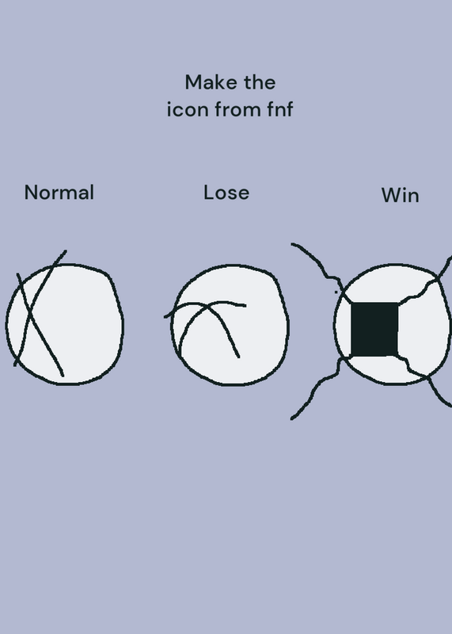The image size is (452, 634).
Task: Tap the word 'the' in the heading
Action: (260, 82)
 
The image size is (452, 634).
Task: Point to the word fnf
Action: (280, 109)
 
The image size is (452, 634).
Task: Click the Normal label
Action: (59, 193)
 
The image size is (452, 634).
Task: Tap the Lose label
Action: (226, 193)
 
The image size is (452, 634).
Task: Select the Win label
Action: (400, 195)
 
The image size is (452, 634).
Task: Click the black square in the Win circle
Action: (374, 330)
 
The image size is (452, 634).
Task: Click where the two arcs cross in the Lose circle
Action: (208, 307)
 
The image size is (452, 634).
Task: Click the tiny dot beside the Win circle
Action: (336, 292)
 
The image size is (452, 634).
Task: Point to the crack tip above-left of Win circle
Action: (292, 244)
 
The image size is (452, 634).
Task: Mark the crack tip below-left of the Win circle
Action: (291, 418)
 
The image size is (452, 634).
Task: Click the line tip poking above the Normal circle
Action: (66, 251)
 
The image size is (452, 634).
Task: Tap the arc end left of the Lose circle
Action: (165, 316)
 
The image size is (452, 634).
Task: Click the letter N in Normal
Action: (31, 193)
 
